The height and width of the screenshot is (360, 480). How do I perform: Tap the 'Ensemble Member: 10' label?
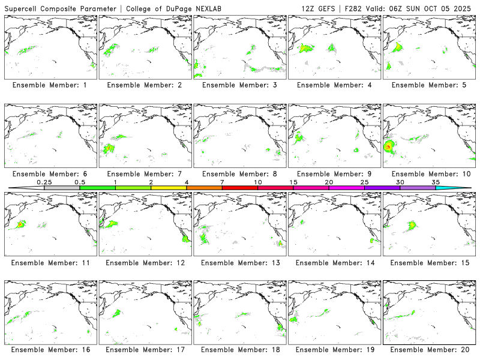pos(430,174)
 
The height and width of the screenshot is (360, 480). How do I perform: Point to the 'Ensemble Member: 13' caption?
pos(239,263)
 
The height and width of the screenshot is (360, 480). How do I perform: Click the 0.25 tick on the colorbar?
pos(43,182)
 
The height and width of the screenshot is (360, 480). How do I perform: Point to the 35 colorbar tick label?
pos(436,182)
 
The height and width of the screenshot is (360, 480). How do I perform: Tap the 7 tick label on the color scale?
pos(222,182)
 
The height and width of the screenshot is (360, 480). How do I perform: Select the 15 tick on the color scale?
pos(293,182)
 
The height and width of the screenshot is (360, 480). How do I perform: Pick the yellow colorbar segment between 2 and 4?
pos(169,188)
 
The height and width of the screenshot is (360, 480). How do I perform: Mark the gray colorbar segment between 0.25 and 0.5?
pos(62,188)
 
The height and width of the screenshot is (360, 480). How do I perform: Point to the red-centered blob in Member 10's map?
pos(388,145)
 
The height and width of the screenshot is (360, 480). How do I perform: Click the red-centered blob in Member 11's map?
pos(20,224)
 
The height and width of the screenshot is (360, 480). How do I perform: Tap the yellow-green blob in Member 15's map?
pos(412,225)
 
